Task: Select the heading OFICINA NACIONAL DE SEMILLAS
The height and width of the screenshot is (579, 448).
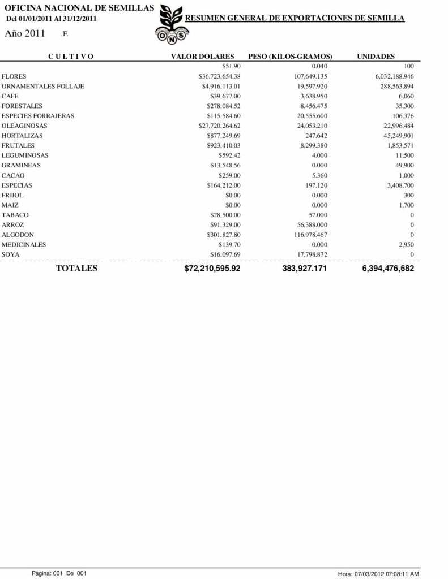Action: pyautogui.click(x=79, y=7)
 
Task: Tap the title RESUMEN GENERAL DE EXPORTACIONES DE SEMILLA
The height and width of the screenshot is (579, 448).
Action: pyautogui.click(x=295, y=19)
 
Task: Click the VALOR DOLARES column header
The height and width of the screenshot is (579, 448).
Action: pyautogui.click(x=203, y=56)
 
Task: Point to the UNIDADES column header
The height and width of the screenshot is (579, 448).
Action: pyautogui.click(x=376, y=56)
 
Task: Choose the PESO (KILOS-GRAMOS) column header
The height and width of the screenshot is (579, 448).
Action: pyautogui.click(x=290, y=56)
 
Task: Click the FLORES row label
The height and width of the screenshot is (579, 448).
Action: pyautogui.click(x=14, y=76)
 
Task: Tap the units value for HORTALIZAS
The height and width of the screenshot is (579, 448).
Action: pyautogui.click(x=399, y=136)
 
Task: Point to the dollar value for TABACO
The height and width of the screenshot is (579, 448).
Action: pyautogui.click(x=225, y=215)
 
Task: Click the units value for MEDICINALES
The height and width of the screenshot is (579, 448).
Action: pyautogui.click(x=406, y=245)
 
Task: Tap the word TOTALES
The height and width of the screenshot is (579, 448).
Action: pyautogui.click(x=76, y=268)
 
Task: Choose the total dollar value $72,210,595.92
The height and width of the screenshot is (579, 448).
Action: pyautogui.click(x=212, y=269)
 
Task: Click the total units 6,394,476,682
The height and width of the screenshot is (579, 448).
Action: pyautogui.click(x=387, y=269)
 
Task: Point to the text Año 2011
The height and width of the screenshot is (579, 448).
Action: pyautogui.click(x=25, y=33)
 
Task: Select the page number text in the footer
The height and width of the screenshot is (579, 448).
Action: pyautogui.click(x=59, y=573)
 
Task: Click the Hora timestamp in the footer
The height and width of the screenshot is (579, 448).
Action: pyautogui.click(x=378, y=573)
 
